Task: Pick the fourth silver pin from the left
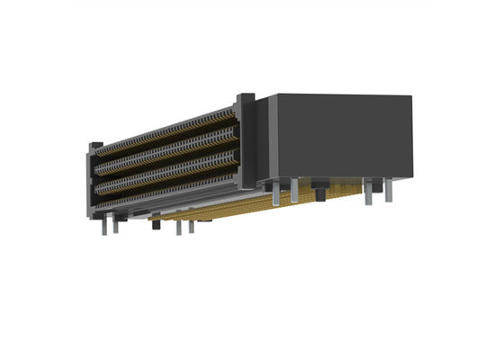(191, 224)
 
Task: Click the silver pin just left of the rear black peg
(294, 191)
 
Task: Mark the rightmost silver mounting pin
(390, 192)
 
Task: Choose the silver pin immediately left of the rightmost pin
(368, 191)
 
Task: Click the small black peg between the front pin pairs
(156, 221)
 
